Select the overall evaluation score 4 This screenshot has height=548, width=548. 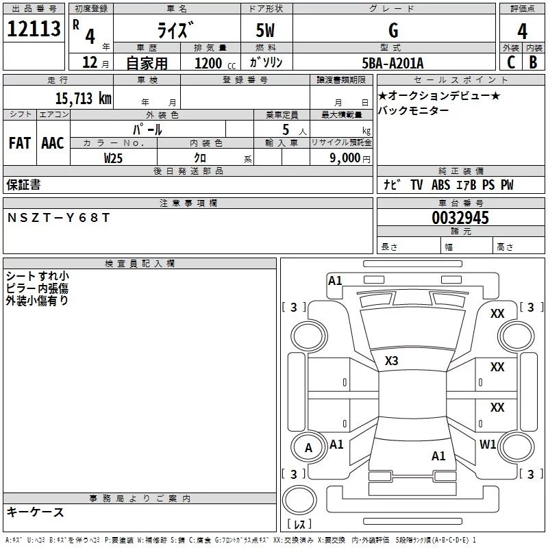522,31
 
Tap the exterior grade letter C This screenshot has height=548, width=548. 510,62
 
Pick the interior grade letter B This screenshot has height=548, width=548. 533,62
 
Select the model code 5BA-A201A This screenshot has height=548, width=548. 393,63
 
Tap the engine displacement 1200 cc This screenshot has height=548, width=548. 212,63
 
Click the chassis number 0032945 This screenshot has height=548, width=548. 460,218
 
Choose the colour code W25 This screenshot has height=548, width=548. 114,158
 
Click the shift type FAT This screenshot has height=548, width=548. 19,143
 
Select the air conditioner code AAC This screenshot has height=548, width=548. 52,143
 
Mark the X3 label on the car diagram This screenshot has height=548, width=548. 391,360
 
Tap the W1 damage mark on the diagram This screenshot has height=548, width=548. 488,444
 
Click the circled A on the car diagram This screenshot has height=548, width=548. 308,448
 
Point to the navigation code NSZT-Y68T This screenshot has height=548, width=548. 58,217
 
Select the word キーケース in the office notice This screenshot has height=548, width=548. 35,512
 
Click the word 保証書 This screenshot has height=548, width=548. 23,184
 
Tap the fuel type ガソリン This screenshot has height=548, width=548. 266,63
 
